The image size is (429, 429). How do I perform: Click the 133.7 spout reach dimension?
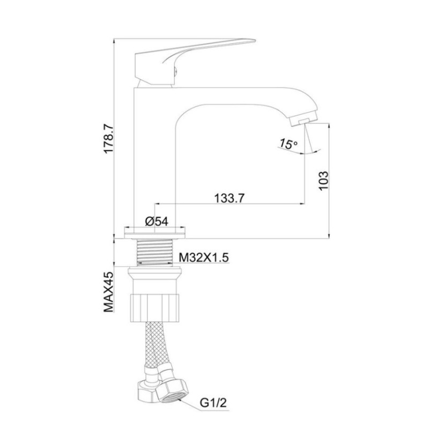230,198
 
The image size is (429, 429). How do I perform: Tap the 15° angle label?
287,143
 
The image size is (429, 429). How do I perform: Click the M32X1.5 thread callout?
204,258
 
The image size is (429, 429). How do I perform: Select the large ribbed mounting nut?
156,306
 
